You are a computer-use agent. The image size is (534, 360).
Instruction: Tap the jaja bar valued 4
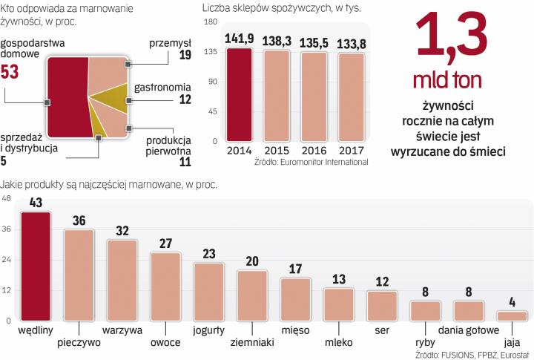click(x=511, y=316)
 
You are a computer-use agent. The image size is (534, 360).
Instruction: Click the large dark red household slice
click(x=67, y=96)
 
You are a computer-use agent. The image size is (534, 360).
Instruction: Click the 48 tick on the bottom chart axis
click(x=6, y=199)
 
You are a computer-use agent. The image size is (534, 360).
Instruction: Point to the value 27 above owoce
click(x=165, y=243)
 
